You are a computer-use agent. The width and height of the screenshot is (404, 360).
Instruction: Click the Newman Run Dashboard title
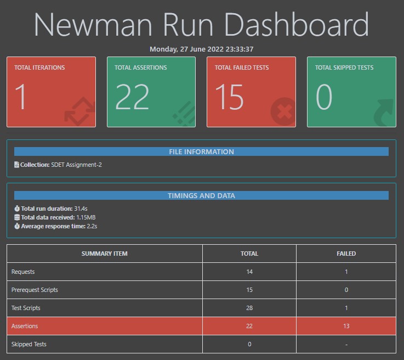[201, 25]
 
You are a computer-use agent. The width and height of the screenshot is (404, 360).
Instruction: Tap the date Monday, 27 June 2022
[201, 49]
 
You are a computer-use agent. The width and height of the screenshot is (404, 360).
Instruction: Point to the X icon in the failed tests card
[283, 112]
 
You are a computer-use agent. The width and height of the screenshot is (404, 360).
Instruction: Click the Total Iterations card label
[39, 67]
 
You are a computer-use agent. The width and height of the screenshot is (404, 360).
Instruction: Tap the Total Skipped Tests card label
[344, 67]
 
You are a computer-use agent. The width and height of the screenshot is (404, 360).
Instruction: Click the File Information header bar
[201, 151]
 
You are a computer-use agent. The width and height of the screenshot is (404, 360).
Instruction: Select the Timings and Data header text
[201, 195]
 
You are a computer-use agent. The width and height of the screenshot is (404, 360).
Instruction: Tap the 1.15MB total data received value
[86, 217]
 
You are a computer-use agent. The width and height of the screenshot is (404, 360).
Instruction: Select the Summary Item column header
[104, 254]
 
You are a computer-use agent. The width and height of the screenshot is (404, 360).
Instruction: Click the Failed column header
[346, 254]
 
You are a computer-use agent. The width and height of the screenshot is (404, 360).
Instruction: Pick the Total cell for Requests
[249, 272]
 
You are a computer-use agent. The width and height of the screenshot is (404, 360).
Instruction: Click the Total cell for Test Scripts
[249, 308]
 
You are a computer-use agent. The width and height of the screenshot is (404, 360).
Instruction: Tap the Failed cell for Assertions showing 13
[346, 326]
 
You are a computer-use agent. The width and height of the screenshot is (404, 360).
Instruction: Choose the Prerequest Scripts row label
[35, 290]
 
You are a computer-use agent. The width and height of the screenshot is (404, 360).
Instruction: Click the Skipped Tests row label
[29, 344]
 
